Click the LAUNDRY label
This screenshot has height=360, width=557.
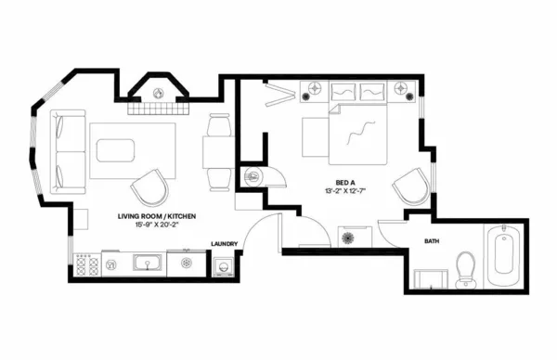click(x=226, y=244)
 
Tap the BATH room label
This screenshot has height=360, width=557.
click(x=433, y=241)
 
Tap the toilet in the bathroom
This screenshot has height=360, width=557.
click(x=466, y=268)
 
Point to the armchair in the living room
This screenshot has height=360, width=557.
click(x=149, y=189)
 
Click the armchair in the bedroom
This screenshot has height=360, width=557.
click(x=411, y=188)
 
